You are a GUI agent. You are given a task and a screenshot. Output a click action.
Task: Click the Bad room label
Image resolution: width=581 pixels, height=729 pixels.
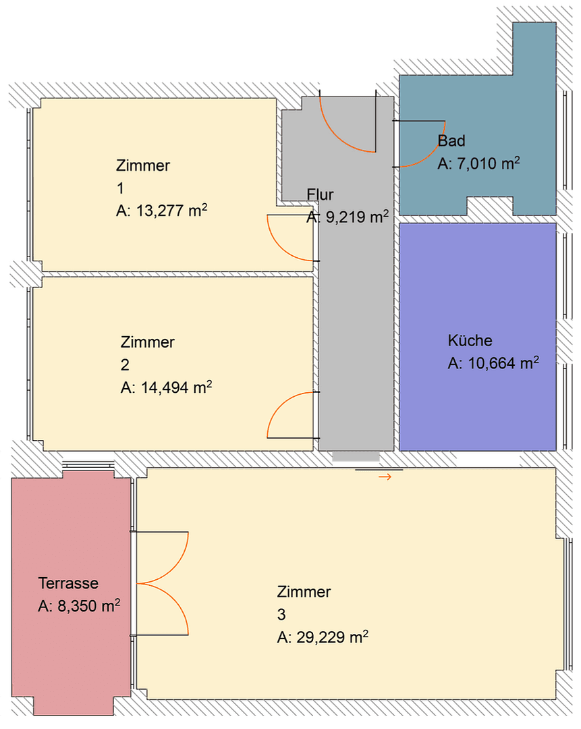(x=451, y=141)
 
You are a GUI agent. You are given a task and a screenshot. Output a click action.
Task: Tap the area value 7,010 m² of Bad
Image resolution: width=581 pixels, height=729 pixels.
(x=478, y=163)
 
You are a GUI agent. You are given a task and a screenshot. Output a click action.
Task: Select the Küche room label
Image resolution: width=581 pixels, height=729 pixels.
(x=470, y=340)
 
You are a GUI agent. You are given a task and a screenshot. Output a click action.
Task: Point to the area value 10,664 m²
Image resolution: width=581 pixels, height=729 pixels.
(x=493, y=363)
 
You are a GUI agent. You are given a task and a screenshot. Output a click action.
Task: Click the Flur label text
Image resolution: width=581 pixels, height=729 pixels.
(x=321, y=195)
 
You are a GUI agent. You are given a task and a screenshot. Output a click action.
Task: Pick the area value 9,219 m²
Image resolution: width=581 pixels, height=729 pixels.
(x=348, y=217)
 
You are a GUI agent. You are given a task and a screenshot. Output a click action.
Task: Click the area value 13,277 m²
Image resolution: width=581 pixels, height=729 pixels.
(x=161, y=211)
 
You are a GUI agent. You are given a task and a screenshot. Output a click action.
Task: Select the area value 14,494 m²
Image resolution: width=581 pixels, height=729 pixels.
(x=167, y=387)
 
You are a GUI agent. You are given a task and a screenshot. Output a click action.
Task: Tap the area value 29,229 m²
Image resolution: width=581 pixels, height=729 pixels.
(x=323, y=637)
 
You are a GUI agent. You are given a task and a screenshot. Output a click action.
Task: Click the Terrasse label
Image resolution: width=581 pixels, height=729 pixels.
(x=68, y=583)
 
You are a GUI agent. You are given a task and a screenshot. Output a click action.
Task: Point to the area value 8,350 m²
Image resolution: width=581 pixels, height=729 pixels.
(x=79, y=606)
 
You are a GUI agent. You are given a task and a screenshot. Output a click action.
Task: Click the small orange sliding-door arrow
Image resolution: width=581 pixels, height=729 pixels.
(x=385, y=477)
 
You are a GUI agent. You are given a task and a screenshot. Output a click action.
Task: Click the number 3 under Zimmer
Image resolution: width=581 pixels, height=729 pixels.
(x=281, y=615)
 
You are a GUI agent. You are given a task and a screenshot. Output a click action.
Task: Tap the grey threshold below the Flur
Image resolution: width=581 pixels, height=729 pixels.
(x=356, y=457)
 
